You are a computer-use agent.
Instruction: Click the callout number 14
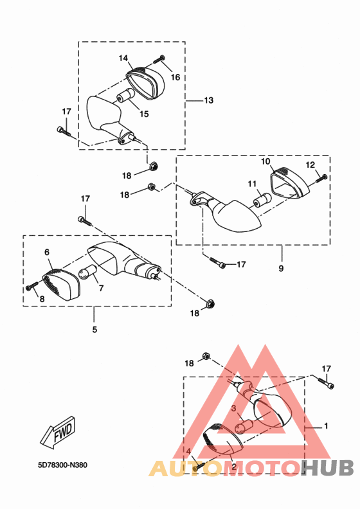point(123,58)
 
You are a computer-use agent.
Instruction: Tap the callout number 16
point(175,77)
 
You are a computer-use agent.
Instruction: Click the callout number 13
point(209,100)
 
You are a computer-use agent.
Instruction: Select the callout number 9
point(281,268)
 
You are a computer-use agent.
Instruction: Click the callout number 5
point(94,330)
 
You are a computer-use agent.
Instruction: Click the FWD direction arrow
point(59,433)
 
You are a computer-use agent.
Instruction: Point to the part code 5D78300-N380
point(62,465)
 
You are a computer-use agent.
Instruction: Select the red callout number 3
point(234,408)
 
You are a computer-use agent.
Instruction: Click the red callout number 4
point(188,452)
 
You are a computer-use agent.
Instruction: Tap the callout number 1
point(326,425)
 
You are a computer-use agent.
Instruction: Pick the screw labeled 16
point(157,60)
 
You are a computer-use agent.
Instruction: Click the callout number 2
point(234,467)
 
